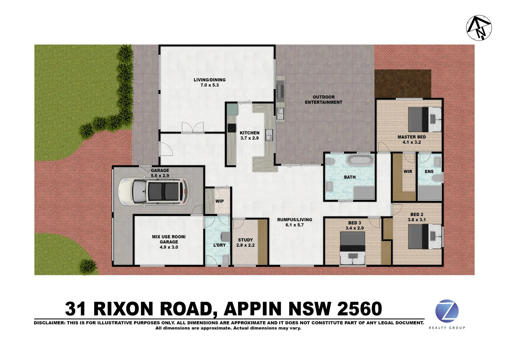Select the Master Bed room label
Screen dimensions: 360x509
pyautogui.click(x=411, y=137)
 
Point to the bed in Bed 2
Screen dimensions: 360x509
pyautogui.click(x=425, y=236)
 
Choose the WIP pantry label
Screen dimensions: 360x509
pyautogui.click(x=219, y=201)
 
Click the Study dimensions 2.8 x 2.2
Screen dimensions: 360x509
pyautogui.click(x=245, y=245)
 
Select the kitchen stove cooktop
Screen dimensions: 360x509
pyautogui.click(x=231, y=128)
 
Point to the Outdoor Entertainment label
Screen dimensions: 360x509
pyautogui.click(x=323, y=100)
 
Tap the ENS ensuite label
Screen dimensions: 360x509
pyautogui.click(x=429, y=172)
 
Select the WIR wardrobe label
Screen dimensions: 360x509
pyautogui.click(x=408, y=172)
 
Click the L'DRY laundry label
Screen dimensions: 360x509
pyautogui.click(x=219, y=245)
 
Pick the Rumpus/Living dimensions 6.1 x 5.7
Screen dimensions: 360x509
pyautogui.click(x=294, y=225)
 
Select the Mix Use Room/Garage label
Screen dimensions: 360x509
pyautogui.click(x=169, y=239)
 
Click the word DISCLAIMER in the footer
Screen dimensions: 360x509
pyautogui.click(x=49, y=323)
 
